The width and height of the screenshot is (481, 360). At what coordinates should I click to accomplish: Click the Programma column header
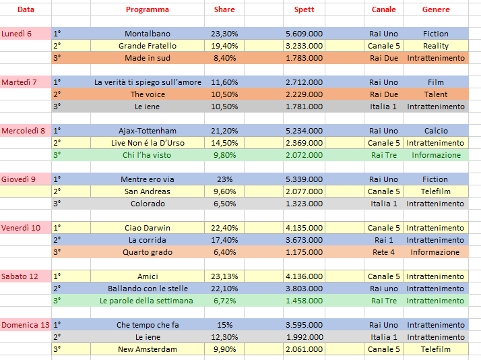[148, 9]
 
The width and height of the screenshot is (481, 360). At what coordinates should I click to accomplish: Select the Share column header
[224, 9]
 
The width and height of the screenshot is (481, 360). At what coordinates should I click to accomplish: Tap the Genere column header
[436, 9]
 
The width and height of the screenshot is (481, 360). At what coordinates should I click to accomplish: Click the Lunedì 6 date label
[17, 34]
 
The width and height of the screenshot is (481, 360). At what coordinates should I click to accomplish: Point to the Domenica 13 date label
[25, 325]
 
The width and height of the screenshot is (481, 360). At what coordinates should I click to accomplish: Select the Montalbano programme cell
[148, 34]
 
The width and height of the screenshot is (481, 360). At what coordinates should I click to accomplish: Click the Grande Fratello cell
[148, 46]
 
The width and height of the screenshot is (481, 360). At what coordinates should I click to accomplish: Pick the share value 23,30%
[224, 34]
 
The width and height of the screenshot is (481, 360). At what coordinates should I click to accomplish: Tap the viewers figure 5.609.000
[304, 34]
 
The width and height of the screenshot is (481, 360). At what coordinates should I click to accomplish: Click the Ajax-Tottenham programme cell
[148, 131]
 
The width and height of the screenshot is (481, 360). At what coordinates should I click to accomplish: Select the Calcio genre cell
[436, 131]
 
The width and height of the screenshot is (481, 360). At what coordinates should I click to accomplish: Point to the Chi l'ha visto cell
[148, 155]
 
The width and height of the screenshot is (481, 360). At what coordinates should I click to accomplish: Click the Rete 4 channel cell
[384, 252]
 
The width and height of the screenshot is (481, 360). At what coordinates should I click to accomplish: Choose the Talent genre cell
[436, 94]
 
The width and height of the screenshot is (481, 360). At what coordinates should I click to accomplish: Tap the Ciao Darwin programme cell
[148, 228]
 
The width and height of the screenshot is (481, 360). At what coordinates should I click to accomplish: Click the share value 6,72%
[224, 301]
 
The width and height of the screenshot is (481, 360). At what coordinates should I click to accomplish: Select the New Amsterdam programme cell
[148, 349]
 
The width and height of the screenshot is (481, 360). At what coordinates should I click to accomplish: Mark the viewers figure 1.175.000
[304, 252]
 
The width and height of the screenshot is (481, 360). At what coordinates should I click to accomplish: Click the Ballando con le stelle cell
[148, 289]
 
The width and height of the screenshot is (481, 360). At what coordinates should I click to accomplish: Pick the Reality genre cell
[436, 46]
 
